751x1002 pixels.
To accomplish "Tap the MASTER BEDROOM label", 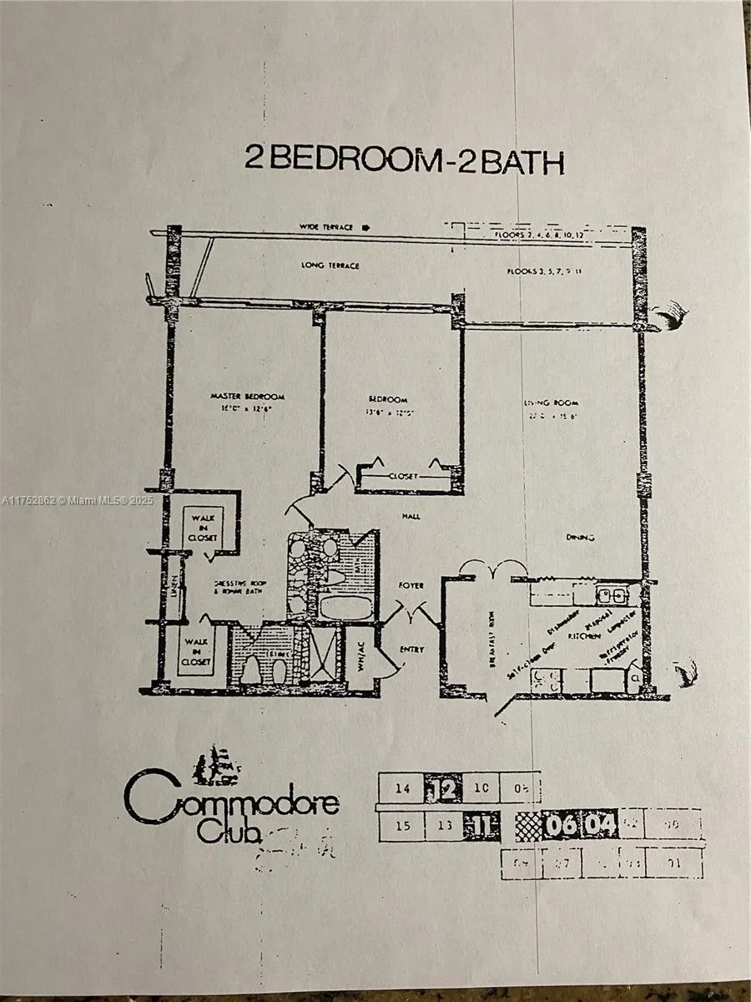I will point(248,396).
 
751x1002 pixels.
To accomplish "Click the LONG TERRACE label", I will point(331,266).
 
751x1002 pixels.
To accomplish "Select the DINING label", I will point(579,538).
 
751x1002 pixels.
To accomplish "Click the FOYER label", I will point(411,585).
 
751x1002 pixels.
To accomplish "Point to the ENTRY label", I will point(411,649).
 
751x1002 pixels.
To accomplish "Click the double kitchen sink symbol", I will point(612,595).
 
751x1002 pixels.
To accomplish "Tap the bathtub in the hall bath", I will point(344,607).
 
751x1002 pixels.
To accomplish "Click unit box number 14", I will point(402,787).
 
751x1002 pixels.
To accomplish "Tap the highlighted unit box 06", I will point(559,826).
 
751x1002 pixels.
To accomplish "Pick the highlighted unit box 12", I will point(446,787).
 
